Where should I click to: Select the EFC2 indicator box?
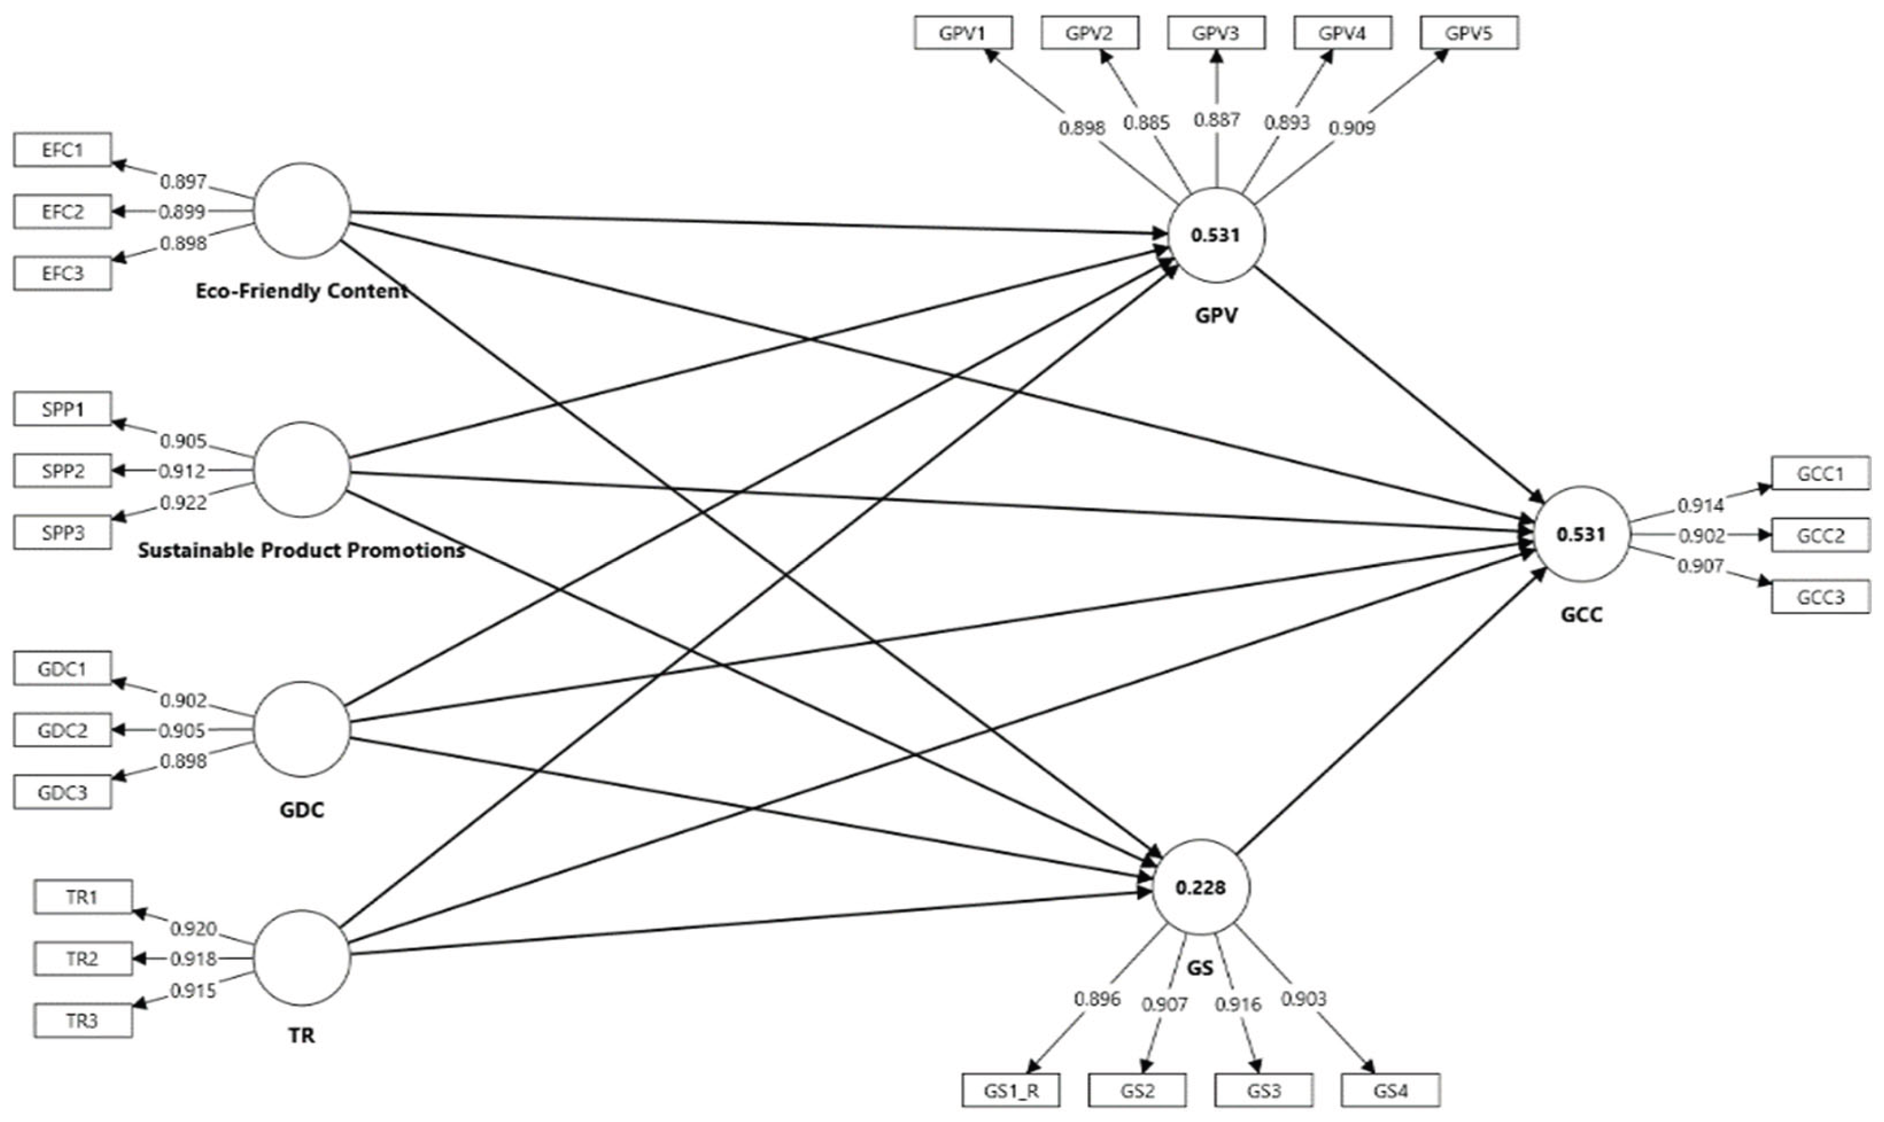coord(62,212)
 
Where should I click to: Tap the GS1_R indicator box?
coord(1011,1090)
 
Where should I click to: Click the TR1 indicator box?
coord(82,898)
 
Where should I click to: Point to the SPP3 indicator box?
coord(62,532)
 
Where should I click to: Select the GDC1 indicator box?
coord(62,669)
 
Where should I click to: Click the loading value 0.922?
coord(183,502)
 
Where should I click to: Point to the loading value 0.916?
coord(1238,1004)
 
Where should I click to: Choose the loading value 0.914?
coord(1700,505)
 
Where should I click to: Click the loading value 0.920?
coord(193,929)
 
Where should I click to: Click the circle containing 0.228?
coord(1200,887)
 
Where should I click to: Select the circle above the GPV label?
coord(1215,235)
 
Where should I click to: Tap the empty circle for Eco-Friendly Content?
coord(302,211)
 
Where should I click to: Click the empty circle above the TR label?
coord(302,957)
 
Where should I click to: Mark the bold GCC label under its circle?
coord(1581,615)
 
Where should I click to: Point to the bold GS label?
coord(1200,968)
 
